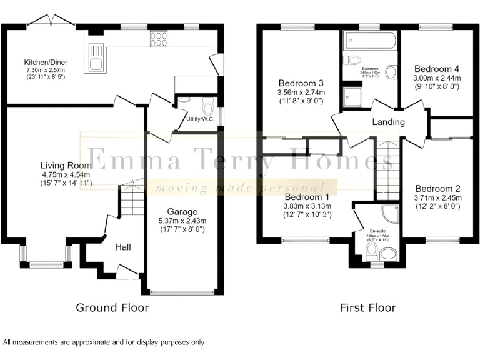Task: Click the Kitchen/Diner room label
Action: pos(46,62)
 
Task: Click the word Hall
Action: pos(122,248)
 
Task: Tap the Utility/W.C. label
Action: pos(199,118)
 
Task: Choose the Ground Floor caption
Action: pos(112,307)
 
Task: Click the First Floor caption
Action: pos(368,307)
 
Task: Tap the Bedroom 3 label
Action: pos(301,83)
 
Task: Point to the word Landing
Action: pos(388,122)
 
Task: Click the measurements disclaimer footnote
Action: pos(104,342)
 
